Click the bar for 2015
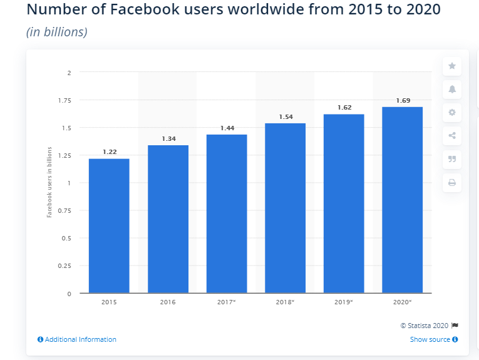pyautogui.click(x=109, y=225)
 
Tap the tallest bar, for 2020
pyautogui.click(x=402, y=200)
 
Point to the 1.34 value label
pyautogui.click(x=167, y=139)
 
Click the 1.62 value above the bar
pyautogui.click(x=344, y=108)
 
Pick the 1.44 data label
pyautogui.click(x=226, y=128)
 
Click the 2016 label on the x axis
pyautogui.click(x=167, y=302)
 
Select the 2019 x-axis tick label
pyautogui.click(x=344, y=302)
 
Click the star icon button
pyautogui.click(x=451, y=66)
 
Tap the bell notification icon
pyautogui.click(x=451, y=89)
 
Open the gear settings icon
pyautogui.click(x=451, y=113)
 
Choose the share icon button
pyautogui.click(x=451, y=136)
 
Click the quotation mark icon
pyautogui.click(x=451, y=159)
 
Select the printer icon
pyautogui.click(x=451, y=183)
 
